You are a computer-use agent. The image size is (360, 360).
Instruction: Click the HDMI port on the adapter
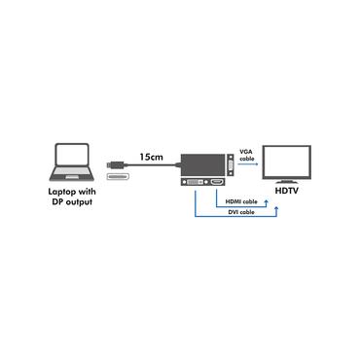(219, 183)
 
